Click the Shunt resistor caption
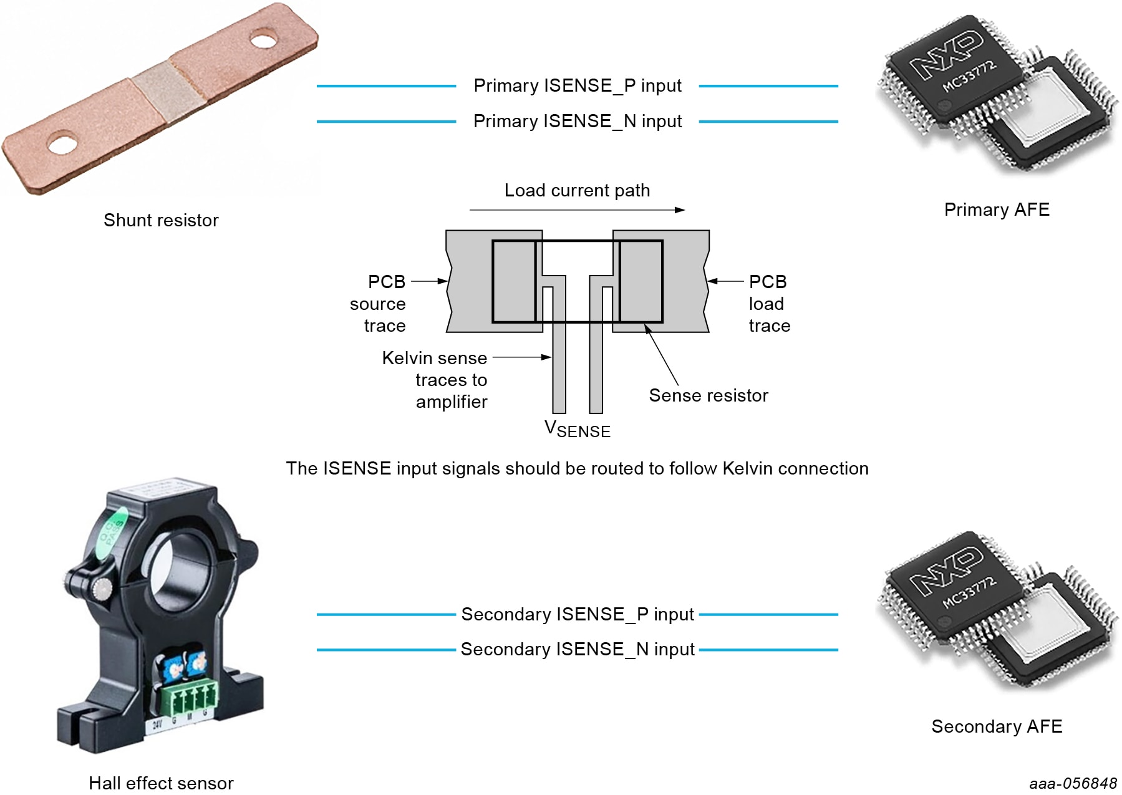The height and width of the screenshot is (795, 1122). [x=161, y=220]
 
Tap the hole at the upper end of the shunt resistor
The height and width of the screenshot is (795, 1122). [x=263, y=41]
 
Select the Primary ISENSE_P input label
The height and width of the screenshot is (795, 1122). [x=577, y=85]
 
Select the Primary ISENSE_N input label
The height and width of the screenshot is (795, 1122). [x=577, y=121]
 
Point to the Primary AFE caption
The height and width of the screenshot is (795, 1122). [x=996, y=210]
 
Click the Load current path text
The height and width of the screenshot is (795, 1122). [x=577, y=190]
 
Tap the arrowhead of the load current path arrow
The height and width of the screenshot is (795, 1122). [x=680, y=210]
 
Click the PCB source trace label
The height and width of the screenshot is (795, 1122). [x=378, y=304]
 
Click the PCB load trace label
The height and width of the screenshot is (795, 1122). [x=768, y=304]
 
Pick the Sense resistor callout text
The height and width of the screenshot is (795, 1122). [x=708, y=395]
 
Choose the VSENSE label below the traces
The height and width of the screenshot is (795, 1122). [x=577, y=429]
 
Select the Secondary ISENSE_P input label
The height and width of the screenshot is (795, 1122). [x=577, y=614]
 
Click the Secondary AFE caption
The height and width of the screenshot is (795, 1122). [x=996, y=726]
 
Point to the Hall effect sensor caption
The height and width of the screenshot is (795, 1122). [x=161, y=783]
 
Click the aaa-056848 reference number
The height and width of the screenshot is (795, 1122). [x=1073, y=784]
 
